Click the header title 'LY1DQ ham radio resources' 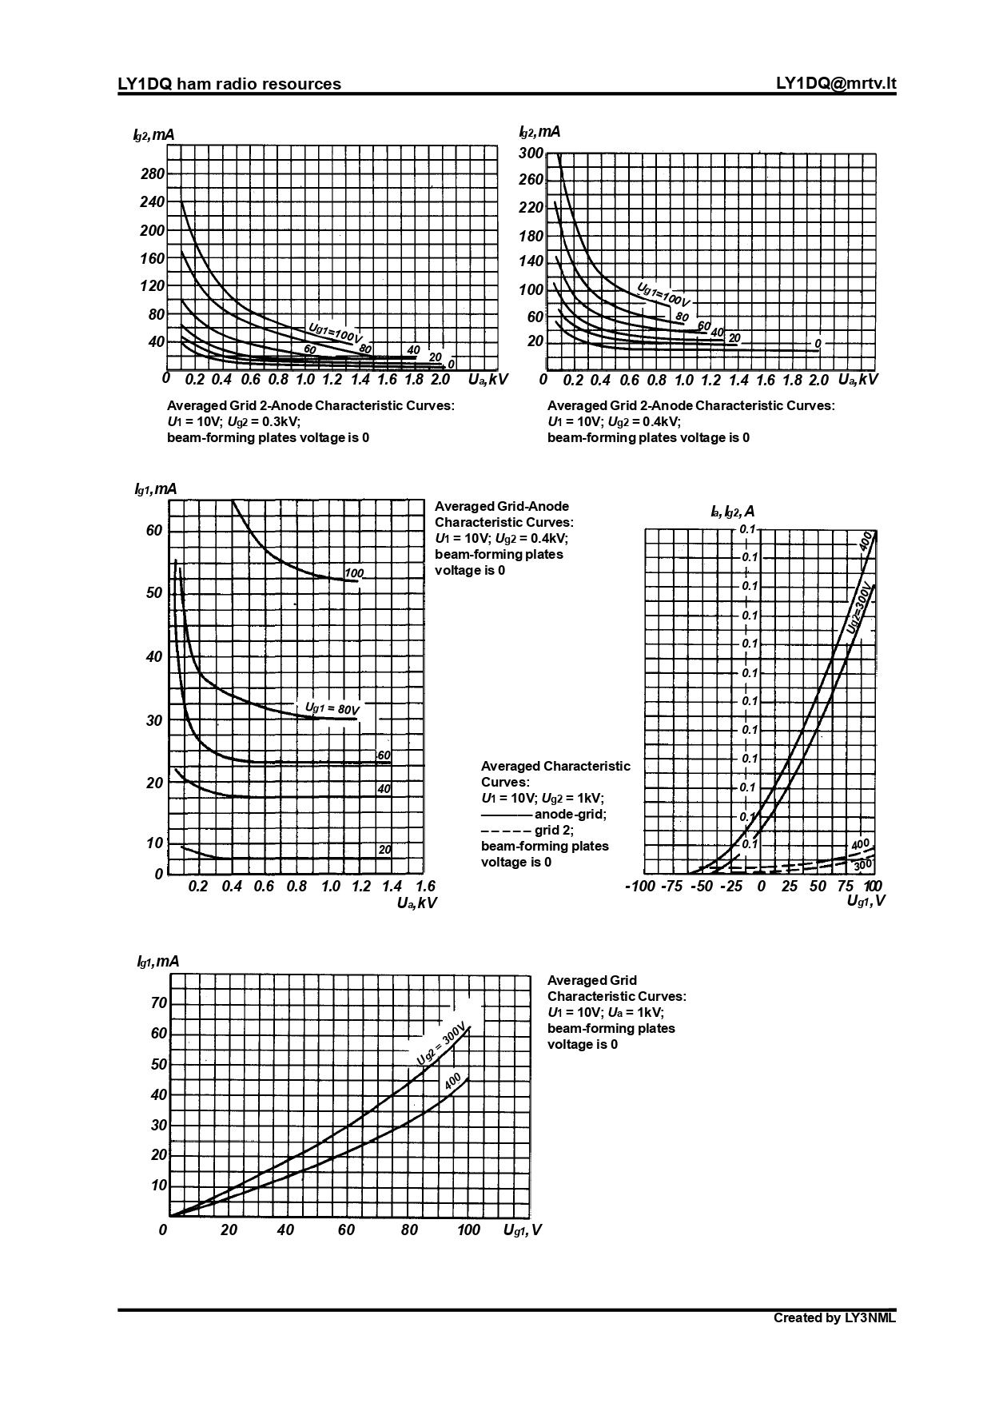pyautogui.click(x=229, y=84)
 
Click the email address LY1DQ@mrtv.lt pyautogui.click(x=835, y=84)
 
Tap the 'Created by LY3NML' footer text pyautogui.click(x=834, y=1317)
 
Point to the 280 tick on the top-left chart pyautogui.click(x=152, y=174)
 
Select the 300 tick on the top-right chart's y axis pyautogui.click(x=531, y=153)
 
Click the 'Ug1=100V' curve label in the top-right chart pyautogui.click(x=663, y=294)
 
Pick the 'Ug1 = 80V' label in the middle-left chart pyautogui.click(x=332, y=708)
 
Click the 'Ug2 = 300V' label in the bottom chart pyautogui.click(x=440, y=1043)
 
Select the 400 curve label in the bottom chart pyautogui.click(x=452, y=1082)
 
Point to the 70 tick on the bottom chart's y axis pyautogui.click(x=159, y=1003)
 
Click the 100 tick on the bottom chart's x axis pyautogui.click(x=468, y=1230)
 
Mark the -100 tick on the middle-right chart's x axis pyautogui.click(x=639, y=886)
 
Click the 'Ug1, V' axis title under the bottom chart pyautogui.click(x=522, y=1230)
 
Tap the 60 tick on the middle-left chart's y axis pyautogui.click(x=153, y=531)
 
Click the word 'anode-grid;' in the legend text pyautogui.click(x=570, y=814)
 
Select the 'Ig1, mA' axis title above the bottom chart pyautogui.click(x=157, y=961)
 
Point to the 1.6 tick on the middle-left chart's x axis pyautogui.click(x=425, y=886)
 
